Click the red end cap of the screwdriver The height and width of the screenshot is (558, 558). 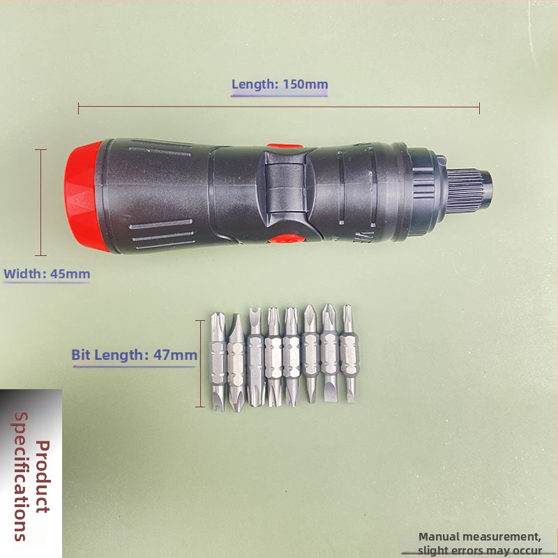tap(84, 197)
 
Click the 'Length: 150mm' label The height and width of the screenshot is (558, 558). tap(280, 84)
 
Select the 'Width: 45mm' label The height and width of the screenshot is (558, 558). tap(47, 274)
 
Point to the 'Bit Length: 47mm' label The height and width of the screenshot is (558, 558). tap(134, 355)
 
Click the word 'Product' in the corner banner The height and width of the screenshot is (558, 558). tap(43, 476)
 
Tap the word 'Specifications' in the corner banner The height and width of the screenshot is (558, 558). tap(22, 476)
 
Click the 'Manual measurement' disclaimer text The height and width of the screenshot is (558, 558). tap(480, 543)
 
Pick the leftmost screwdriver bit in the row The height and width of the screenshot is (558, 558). tap(218, 361)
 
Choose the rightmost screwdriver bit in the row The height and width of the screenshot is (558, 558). tap(349, 354)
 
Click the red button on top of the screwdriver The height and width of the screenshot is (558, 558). tap(285, 146)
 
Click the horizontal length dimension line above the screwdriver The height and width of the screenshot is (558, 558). tap(279, 107)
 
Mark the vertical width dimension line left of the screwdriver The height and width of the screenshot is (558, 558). tap(41, 202)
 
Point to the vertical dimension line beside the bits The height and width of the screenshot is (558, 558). tap(200, 363)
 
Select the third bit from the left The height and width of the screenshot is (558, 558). tap(255, 357)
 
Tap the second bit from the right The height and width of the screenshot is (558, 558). tap(330, 353)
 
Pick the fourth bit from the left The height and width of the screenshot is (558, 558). tap(273, 357)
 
